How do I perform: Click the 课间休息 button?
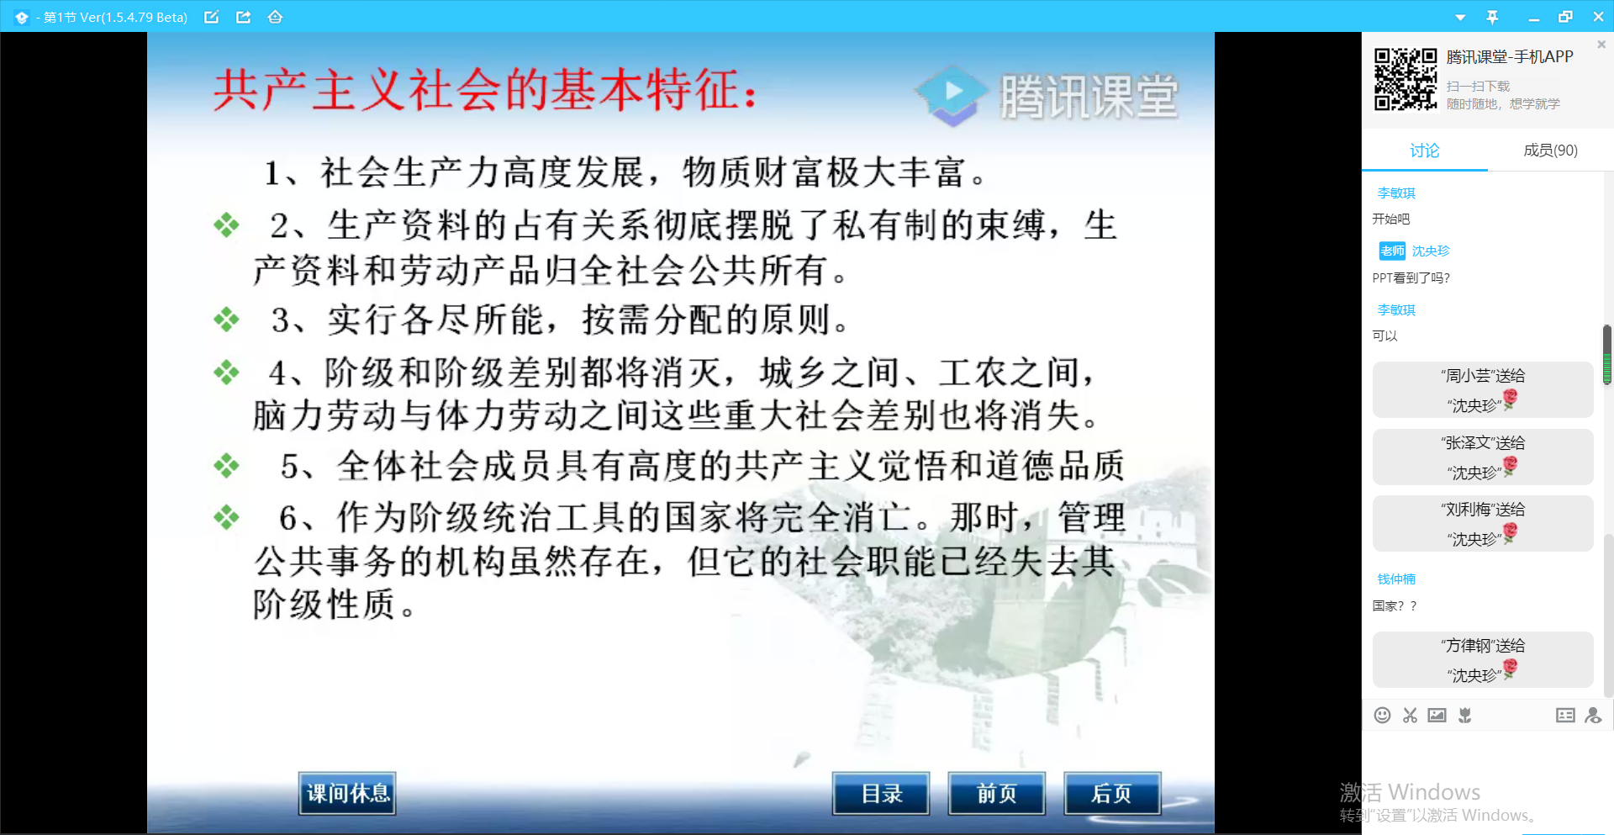[x=347, y=793]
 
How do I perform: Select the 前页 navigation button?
[x=996, y=793]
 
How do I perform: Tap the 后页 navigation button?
[x=1111, y=793]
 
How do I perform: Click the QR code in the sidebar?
[x=1406, y=79]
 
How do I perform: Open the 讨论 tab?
[x=1424, y=151]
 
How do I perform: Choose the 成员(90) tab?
[x=1550, y=151]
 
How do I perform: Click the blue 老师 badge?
[x=1392, y=251]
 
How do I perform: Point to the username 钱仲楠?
[x=1396, y=579]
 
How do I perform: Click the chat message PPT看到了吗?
[x=1411, y=277]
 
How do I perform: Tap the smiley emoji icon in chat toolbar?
[x=1382, y=715]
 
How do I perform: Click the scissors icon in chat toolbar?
[x=1410, y=715]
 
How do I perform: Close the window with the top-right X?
[x=1598, y=17]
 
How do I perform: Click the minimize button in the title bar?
[x=1534, y=17]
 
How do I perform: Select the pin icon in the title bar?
[x=1492, y=17]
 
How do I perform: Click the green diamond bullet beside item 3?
[x=226, y=320]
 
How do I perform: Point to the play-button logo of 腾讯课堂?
[x=952, y=92]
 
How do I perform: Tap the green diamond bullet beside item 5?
[x=226, y=466]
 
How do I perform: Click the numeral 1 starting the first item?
[x=272, y=173]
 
